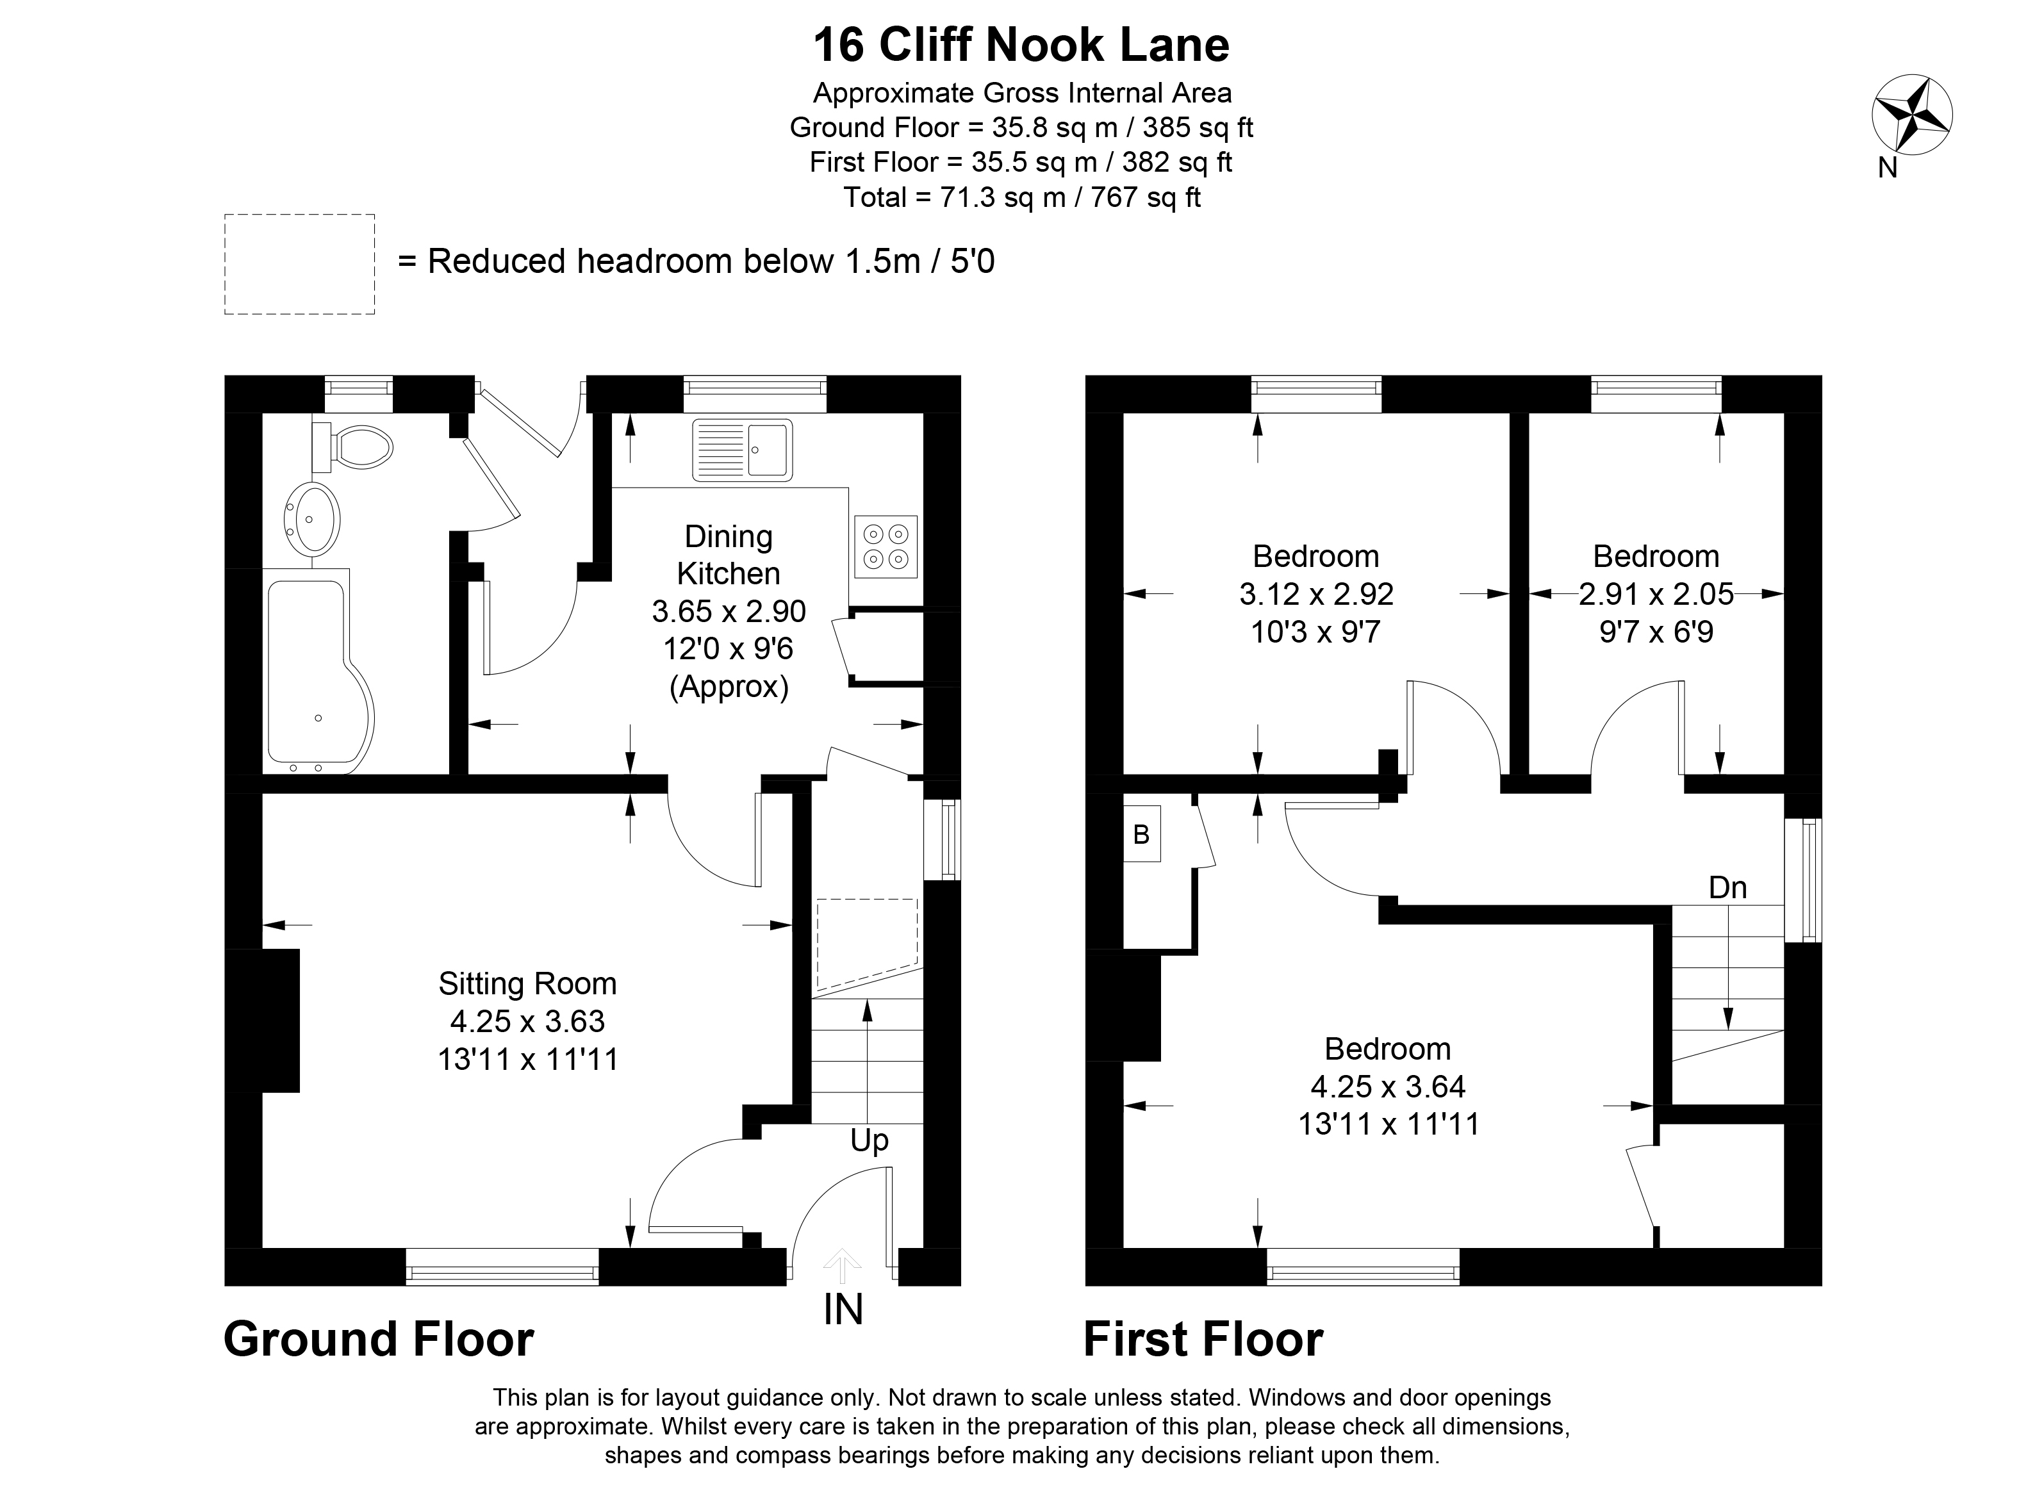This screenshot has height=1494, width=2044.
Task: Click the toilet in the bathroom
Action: coord(354,447)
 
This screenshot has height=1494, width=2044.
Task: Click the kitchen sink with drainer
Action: coord(741,450)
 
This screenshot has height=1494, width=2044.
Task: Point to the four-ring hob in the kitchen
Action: coord(884,546)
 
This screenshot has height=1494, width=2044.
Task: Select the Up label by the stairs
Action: coord(869,1140)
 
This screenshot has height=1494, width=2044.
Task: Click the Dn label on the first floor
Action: coord(1727,887)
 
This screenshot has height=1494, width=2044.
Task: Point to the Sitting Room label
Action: coord(527,983)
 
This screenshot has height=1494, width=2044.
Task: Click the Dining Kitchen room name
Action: coord(728,554)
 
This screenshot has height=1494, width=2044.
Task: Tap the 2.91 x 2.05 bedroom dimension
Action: coord(1656,594)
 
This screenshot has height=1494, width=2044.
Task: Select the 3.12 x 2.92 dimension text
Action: coord(1316,594)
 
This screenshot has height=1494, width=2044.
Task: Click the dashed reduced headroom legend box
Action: coord(299,264)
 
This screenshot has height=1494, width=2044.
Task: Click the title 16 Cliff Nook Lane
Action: coord(1021,45)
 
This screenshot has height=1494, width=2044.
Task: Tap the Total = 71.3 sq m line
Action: coord(1021,197)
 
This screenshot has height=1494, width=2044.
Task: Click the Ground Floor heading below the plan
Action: coord(378,1340)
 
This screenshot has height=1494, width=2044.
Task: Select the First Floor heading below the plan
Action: coord(1203,1340)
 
